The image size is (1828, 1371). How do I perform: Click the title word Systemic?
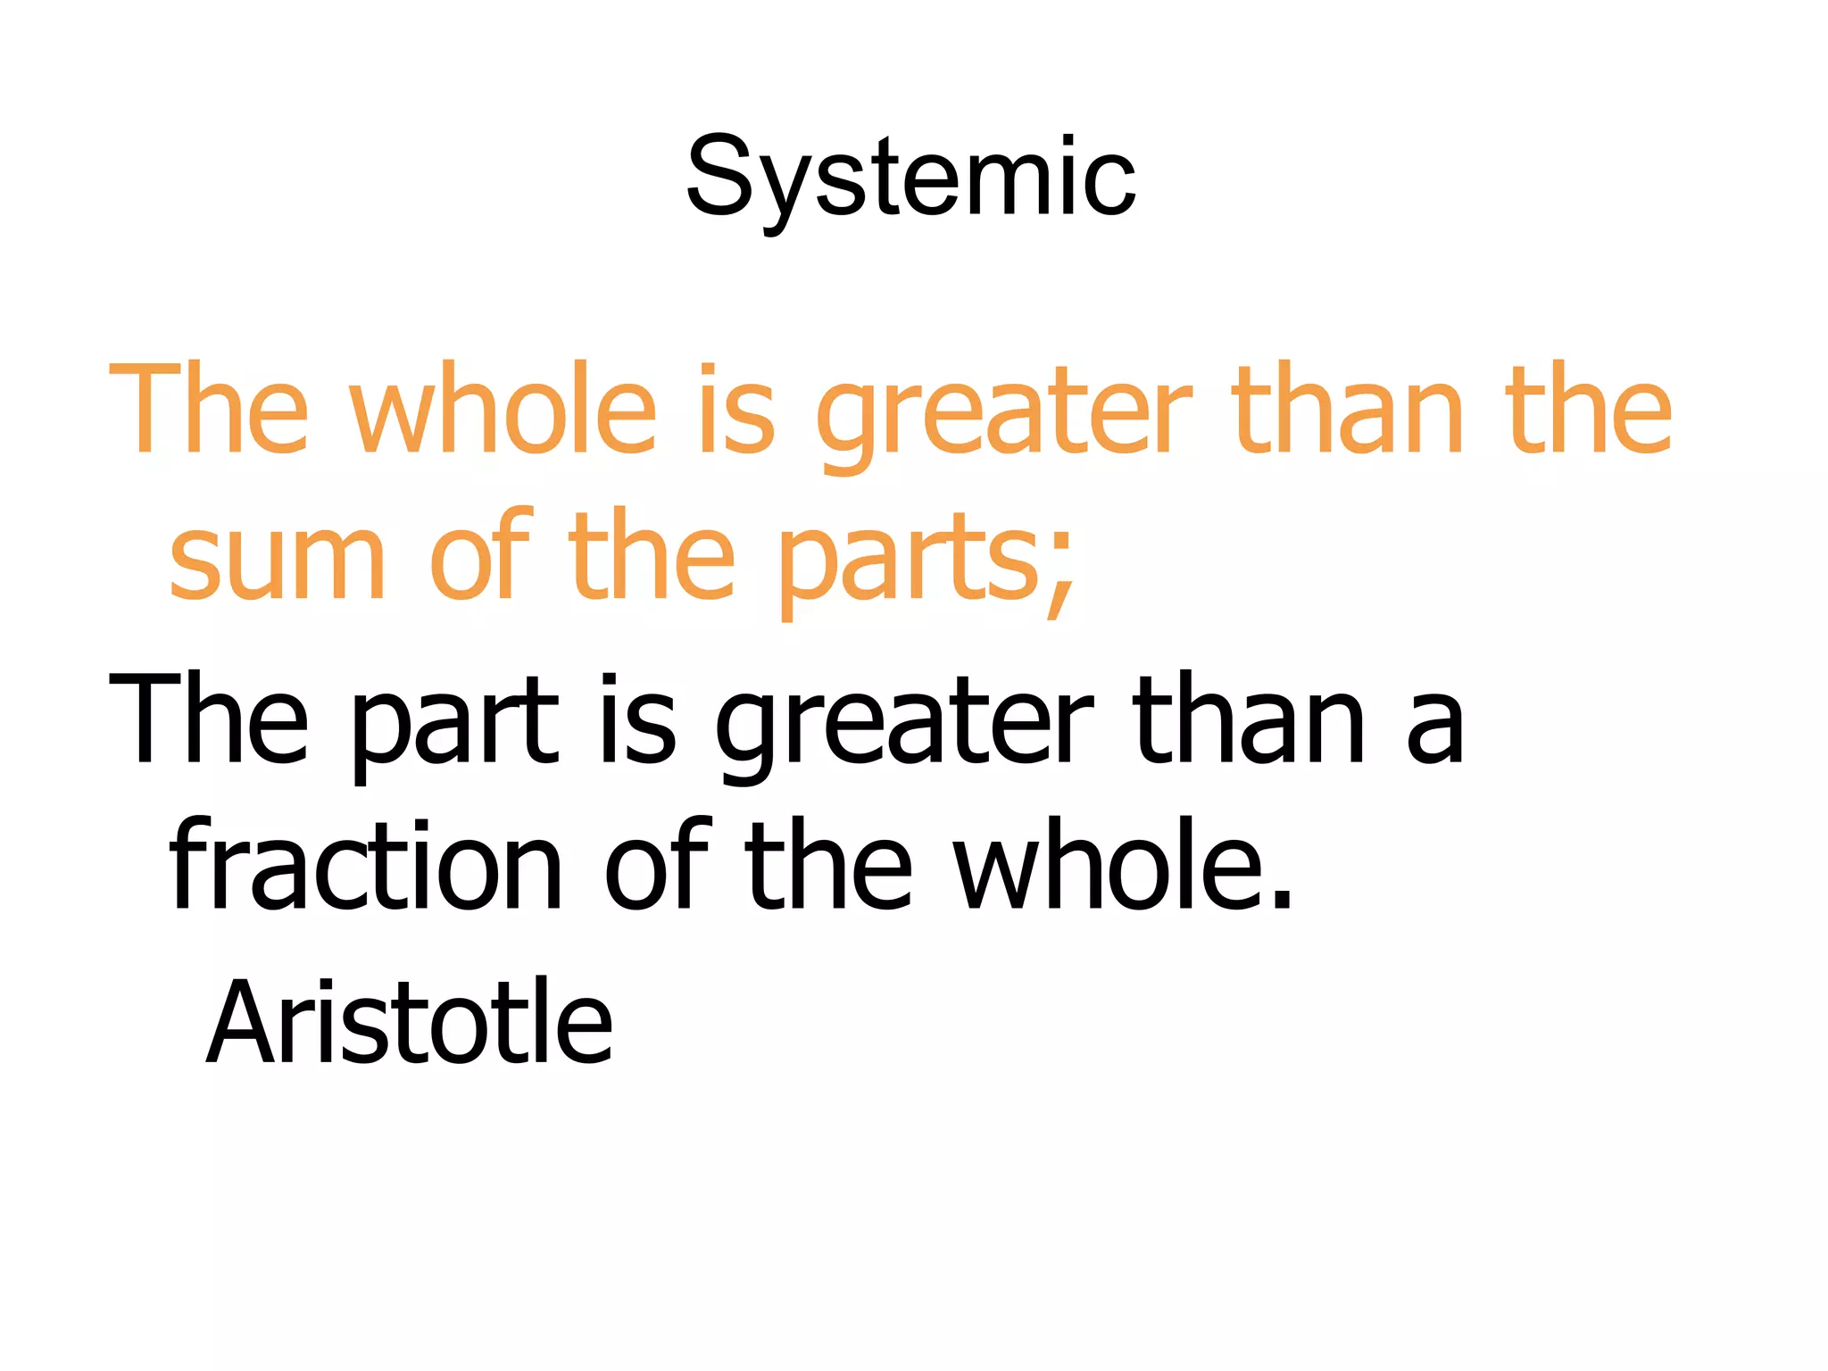[x=910, y=179]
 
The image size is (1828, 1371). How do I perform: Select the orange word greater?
[x=1003, y=412]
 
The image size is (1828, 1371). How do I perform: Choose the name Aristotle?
[x=410, y=1022]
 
